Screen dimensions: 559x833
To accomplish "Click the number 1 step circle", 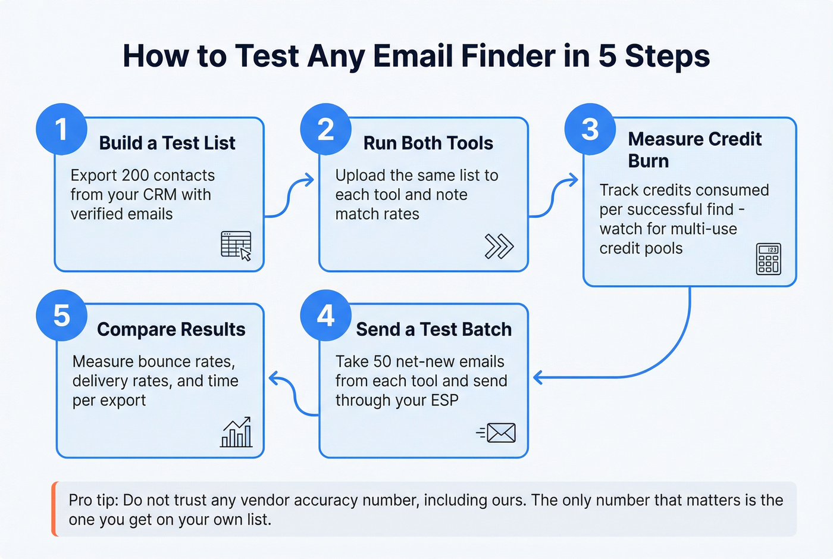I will [x=61, y=129].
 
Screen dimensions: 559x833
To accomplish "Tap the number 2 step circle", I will [x=325, y=129].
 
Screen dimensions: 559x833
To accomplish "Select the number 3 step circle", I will [x=590, y=129].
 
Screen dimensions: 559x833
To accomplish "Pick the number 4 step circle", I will [x=325, y=316].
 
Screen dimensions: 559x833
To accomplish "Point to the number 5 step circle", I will [x=61, y=316].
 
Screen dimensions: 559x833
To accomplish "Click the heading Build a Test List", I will [x=167, y=143].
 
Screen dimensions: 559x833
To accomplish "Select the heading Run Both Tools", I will [x=428, y=143].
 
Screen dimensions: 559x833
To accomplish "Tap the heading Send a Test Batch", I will [x=434, y=329].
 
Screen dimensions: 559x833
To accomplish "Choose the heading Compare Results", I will [x=171, y=329].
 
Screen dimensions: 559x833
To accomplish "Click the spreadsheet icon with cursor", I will [x=236, y=245].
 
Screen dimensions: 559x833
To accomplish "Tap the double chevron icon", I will [x=499, y=246].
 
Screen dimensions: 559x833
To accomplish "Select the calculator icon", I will [x=768, y=259].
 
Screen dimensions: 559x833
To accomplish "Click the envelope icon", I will [x=500, y=433].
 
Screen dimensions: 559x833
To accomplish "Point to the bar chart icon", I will [x=236, y=432].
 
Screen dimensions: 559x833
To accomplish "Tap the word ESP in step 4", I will [x=444, y=400].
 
